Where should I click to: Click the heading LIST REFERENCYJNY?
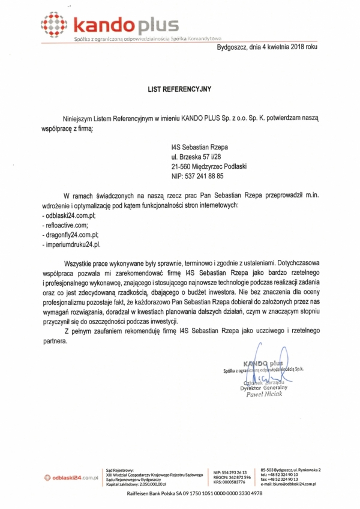point(180,88)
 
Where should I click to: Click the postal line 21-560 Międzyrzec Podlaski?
point(213,166)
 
